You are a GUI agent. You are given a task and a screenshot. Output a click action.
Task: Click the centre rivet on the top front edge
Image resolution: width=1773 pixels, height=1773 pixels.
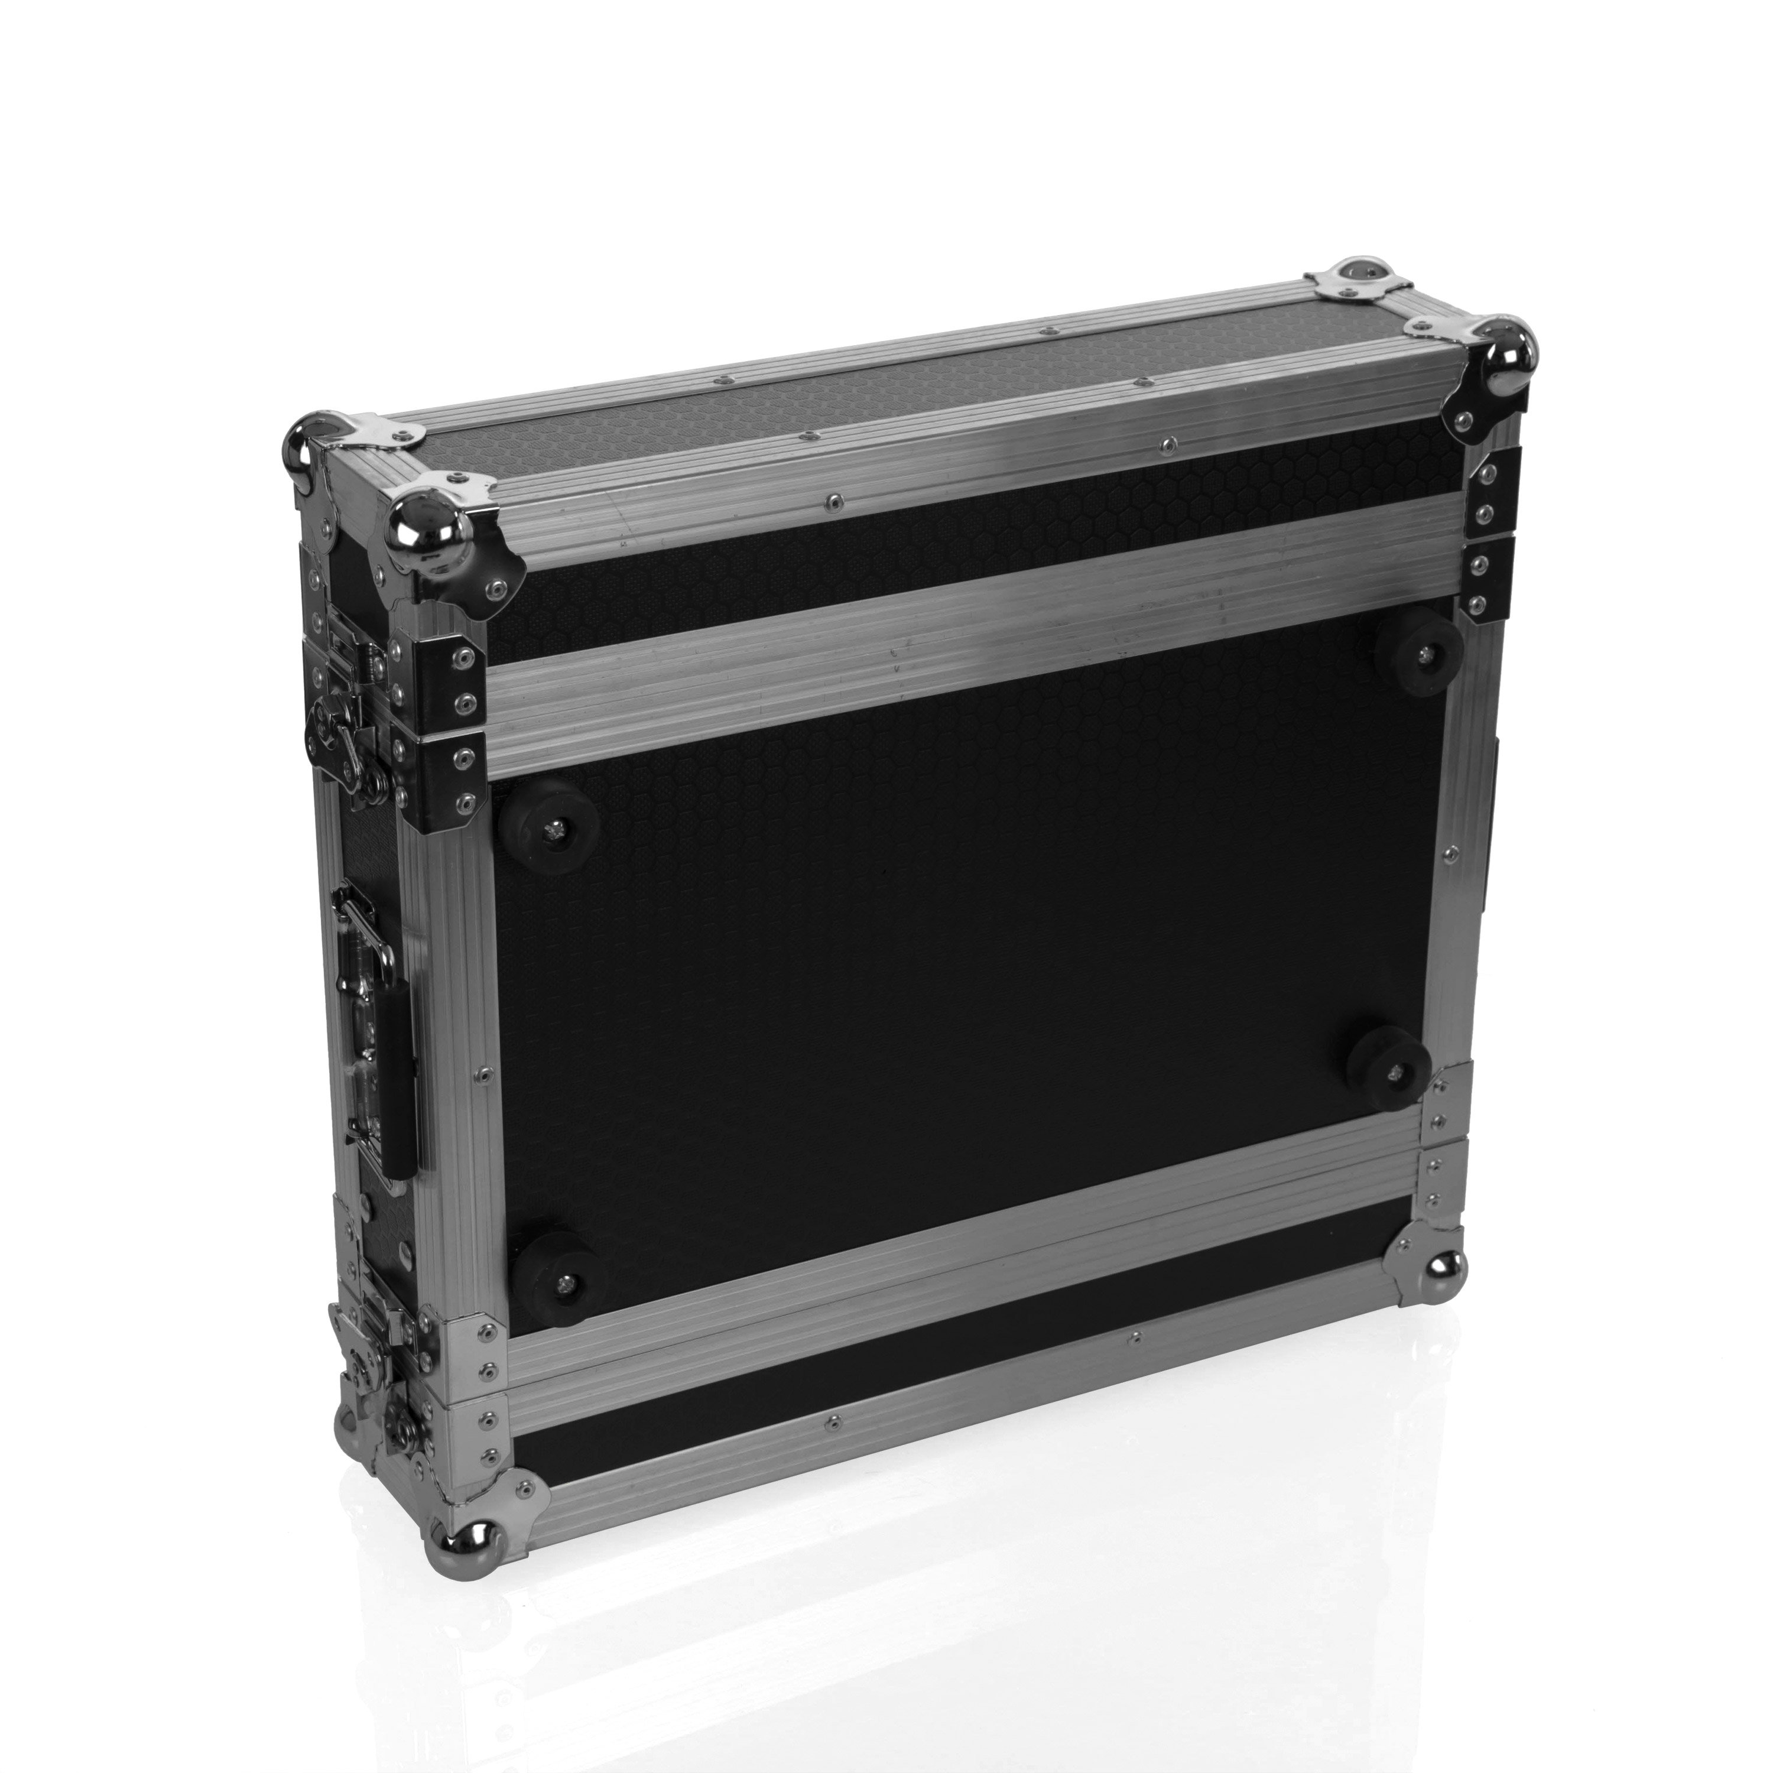pyautogui.click(x=832, y=500)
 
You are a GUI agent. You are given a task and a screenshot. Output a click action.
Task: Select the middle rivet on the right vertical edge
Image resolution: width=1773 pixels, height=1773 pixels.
pyautogui.click(x=1449, y=855)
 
